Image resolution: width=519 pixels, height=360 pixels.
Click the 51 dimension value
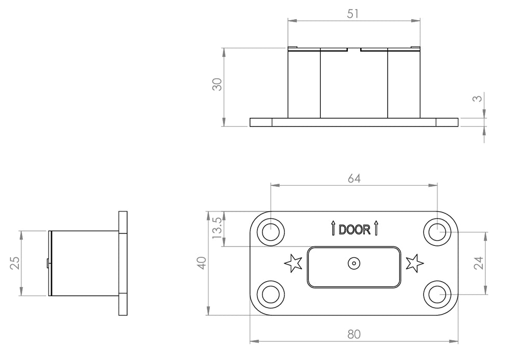click(353, 14)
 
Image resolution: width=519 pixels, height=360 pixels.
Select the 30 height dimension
click(217, 85)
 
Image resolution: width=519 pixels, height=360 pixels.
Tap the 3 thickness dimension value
click(478, 98)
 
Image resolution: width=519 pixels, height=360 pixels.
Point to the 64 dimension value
click(354, 178)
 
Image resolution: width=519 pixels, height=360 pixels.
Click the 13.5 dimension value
click(217, 228)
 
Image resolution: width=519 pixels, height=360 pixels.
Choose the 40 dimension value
click(201, 262)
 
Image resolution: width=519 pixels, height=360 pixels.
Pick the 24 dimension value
click(479, 263)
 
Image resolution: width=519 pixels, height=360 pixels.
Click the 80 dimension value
click(354, 335)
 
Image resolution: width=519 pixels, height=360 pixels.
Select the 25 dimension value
click(15, 263)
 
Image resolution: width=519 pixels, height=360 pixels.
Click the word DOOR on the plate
click(354, 230)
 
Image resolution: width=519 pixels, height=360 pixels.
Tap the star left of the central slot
click(293, 263)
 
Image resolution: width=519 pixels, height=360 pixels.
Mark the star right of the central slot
click(415, 263)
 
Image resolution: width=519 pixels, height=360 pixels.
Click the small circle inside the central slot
click(354, 264)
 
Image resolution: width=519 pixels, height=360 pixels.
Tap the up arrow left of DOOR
click(333, 229)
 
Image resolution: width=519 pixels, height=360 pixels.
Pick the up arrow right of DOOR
click(376, 229)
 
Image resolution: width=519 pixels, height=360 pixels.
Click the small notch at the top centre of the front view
click(354, 50)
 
